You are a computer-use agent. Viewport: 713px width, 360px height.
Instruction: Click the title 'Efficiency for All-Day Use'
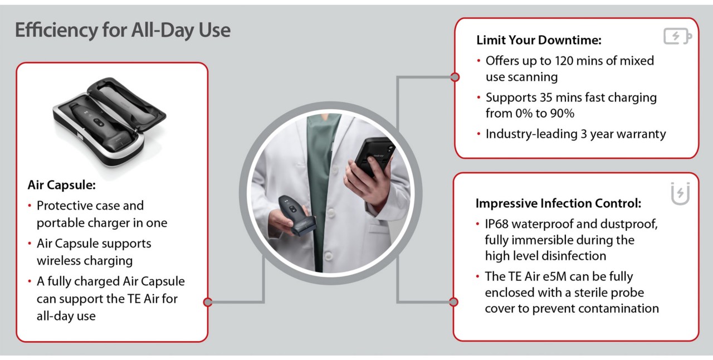click(123, 31)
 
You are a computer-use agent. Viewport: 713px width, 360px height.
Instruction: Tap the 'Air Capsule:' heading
click(62, 185)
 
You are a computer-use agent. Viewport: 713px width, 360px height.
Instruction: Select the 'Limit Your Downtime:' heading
click(539, 40)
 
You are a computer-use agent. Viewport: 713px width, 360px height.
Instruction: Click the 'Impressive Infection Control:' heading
click(558, 203)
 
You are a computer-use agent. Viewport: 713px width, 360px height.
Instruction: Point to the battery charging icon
click(677, 36)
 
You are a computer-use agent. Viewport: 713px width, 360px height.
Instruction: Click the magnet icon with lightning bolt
click(680, 193)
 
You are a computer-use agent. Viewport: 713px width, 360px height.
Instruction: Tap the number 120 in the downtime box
click(565, 61)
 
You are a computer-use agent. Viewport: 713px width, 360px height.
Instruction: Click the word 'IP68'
click(496, 224)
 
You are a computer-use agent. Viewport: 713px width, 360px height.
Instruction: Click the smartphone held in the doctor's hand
click(374, 157)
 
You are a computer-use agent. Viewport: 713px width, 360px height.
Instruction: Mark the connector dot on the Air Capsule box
click(208, 301)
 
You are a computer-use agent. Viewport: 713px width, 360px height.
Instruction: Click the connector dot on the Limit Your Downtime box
click(455, 77)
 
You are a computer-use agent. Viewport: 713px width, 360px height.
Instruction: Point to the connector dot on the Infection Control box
click(453, 301)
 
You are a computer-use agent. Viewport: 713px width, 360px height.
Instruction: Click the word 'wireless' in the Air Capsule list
click(57, 261)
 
